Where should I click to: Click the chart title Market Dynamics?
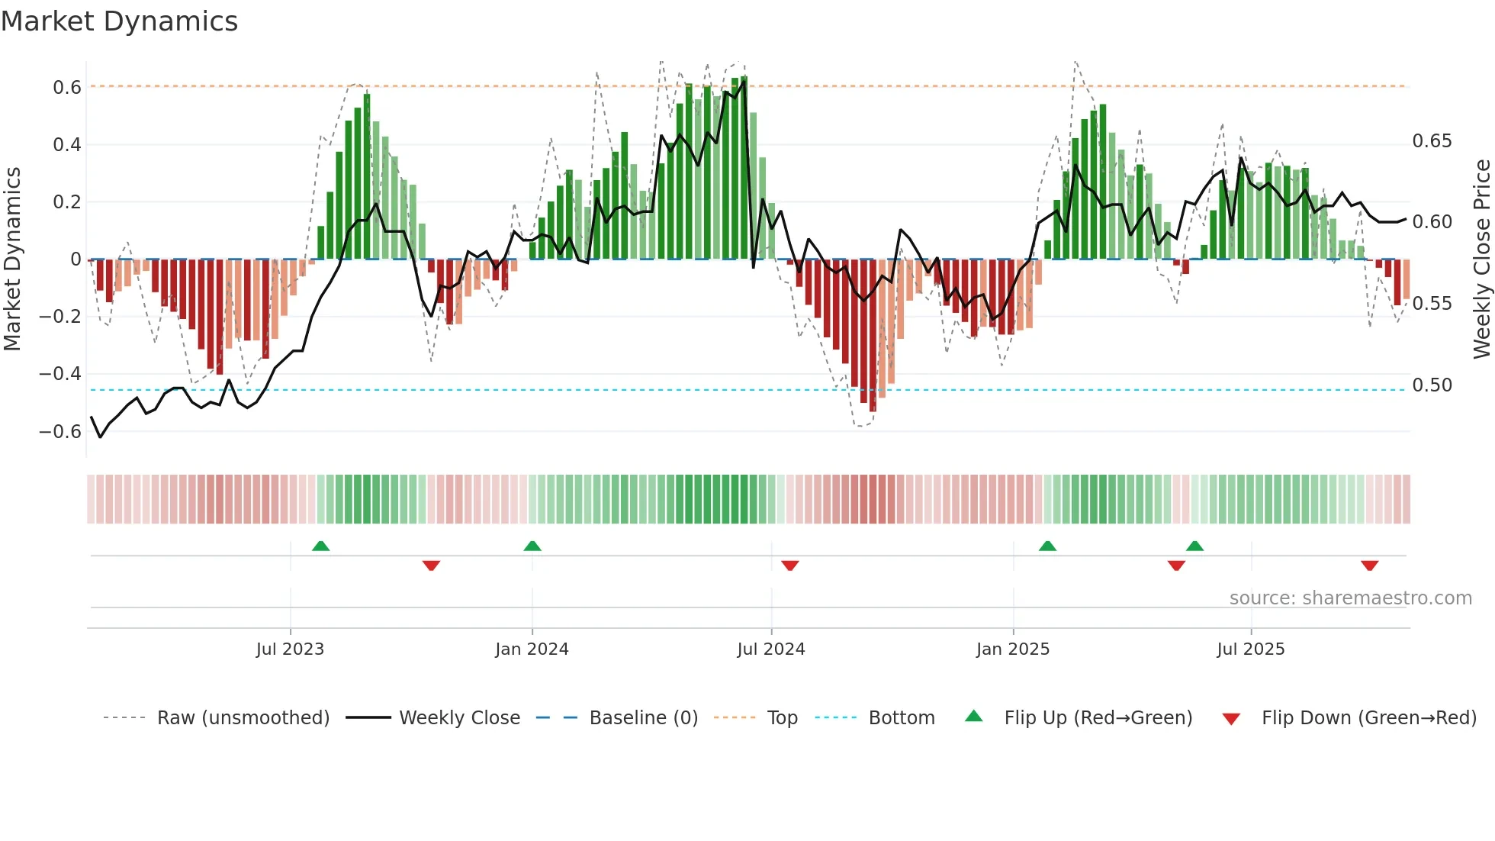pyautogui.click(x=119, y=21)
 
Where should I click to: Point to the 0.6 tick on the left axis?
pyautogui.click(x=67, y=88)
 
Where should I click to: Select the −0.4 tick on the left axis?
pyautogui.click(x=60, y=374)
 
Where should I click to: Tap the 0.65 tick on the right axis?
pyautogui.click(x=1432, y=141)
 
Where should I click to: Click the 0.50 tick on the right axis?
pyautogui.click(x=1432, y=385)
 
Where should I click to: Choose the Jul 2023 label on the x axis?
pyautogui.click(x=290, y=649)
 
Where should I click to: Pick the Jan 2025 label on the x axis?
pyautogui.click(x=1013, y=649)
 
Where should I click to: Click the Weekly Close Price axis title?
pyautogui.click(x=1481, y=259)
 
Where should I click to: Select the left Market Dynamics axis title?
pyautogui.click(x=12, y=259)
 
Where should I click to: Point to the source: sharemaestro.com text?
pyautogui.click(x=1350, y=598)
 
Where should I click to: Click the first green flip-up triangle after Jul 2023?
pyautogui.click(x=321, y=546)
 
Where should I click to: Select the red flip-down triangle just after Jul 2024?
pyautogui.click(x=790, y=565)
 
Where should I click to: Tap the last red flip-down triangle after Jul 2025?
pyautogui.click(x=1369, y=565)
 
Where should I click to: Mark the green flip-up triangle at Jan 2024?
pyautogui.click(x=532, y=546)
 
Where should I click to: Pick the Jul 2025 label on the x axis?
pyautogui.click(x=1250, y=649)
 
